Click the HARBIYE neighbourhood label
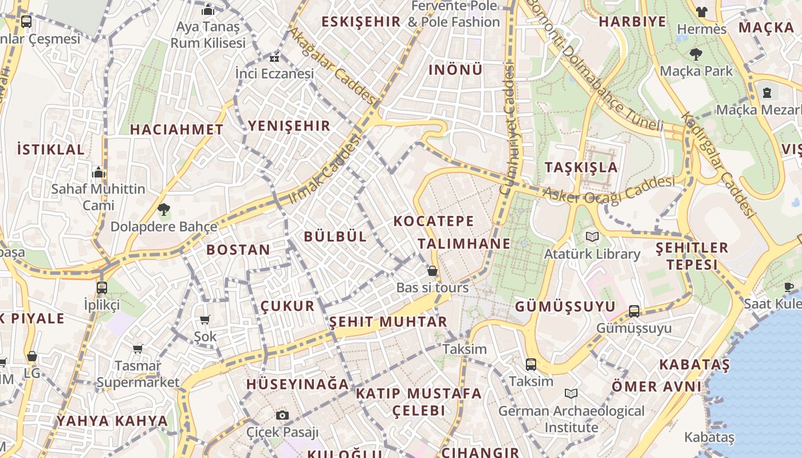pos(632,22)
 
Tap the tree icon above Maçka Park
pos(696,55)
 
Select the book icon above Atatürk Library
pos(592,236)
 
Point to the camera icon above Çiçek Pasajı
pos(282,415)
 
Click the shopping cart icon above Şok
pos(205,319)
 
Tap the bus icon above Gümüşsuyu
pos(634,311)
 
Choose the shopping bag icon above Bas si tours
pos(433,271)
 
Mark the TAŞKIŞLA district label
pos(581,167)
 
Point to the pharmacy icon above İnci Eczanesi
pos(274,57)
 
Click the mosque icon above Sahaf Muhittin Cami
pos(99,172)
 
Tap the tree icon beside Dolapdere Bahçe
pos(164,210)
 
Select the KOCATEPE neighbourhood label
pos(434,221)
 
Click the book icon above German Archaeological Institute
pos(571,393)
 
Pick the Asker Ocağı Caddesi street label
pos(608,191)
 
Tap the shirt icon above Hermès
pos(701,11)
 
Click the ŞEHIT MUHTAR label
pos(388,322)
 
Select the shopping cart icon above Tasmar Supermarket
pos(137,349)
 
